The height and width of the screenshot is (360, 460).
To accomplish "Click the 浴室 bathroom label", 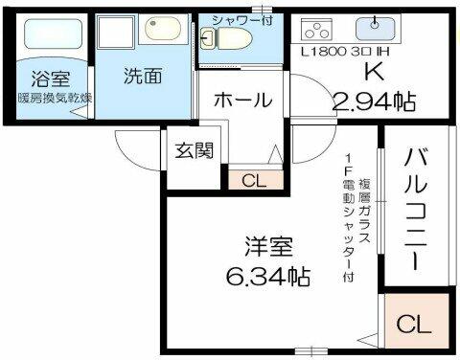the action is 51,79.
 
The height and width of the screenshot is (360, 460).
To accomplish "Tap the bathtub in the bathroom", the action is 54,34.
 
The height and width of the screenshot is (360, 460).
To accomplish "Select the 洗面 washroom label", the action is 143,76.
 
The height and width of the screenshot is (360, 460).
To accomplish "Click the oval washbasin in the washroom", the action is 163,29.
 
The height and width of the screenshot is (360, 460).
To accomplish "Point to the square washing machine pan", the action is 116,32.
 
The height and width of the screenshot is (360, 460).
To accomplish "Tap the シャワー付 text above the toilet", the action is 242,20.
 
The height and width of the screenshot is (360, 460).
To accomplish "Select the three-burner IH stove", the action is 316,31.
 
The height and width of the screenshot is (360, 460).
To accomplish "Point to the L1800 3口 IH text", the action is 345,52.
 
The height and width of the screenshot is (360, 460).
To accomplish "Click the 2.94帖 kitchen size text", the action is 375,101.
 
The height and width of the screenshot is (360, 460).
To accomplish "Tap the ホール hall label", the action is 243,101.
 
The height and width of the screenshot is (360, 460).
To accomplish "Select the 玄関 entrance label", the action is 195,150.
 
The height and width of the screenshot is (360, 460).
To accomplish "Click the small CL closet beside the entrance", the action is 256,179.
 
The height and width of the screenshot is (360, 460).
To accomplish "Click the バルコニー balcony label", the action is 416,209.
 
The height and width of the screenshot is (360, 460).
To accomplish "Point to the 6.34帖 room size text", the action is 268,276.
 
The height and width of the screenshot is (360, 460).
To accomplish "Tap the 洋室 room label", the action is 268,246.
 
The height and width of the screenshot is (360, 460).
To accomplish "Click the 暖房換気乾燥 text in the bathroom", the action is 55,98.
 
